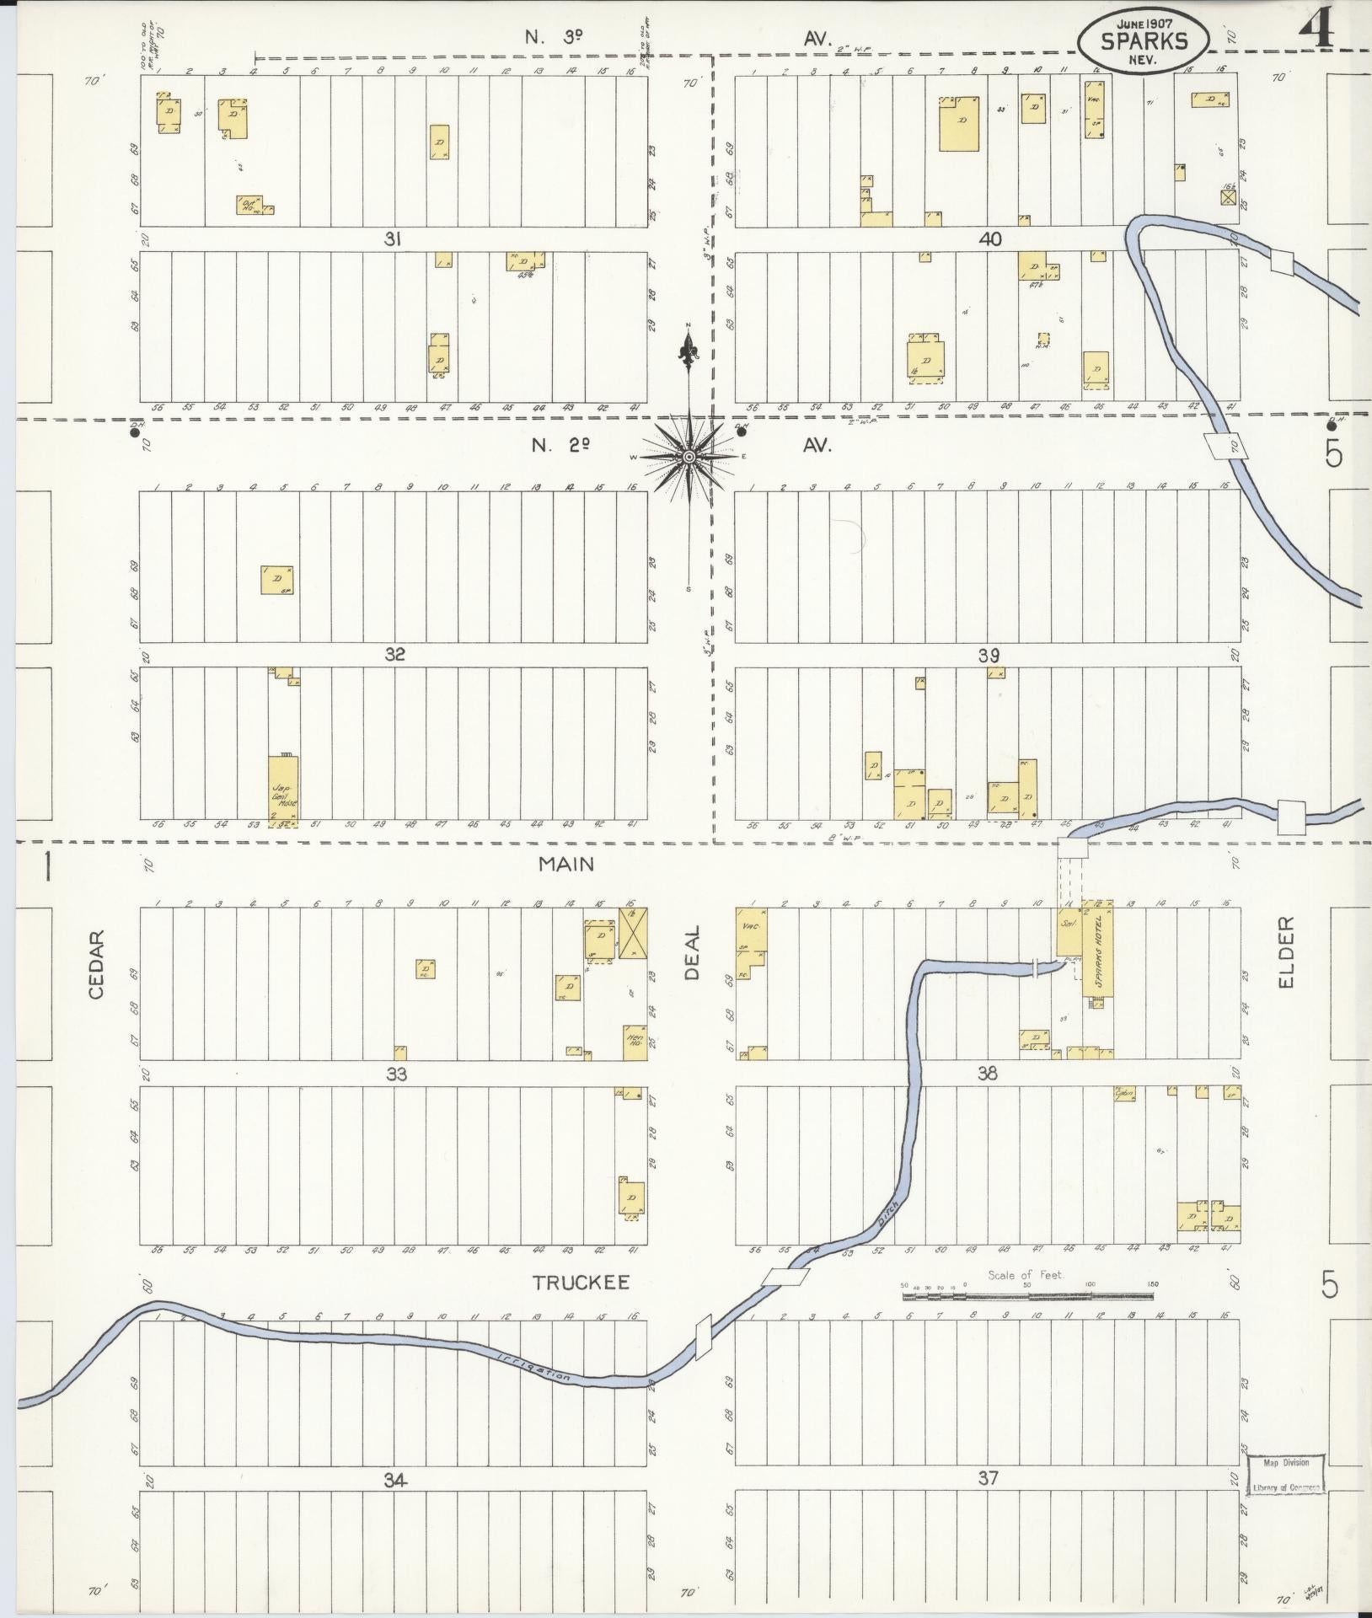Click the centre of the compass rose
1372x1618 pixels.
point(689,456)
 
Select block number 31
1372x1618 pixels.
point(392,239)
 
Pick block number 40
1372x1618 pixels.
point(990,239)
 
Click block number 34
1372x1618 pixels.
point(396,1479)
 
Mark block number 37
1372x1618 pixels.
point(988,1478)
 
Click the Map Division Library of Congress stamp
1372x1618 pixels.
point(1286,1475)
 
